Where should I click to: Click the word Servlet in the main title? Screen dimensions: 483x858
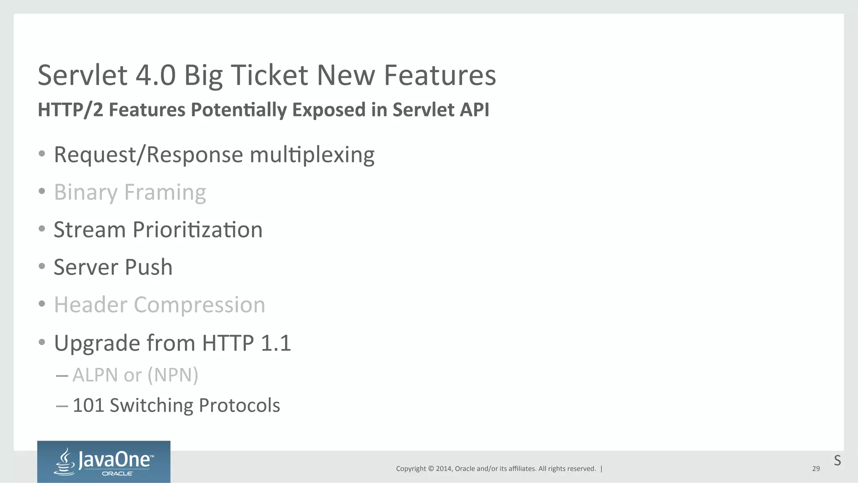[x=82, y=75]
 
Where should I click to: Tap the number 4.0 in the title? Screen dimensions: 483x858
[x=155, y=75]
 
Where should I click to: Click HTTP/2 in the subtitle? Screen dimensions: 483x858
[x=70, y=110]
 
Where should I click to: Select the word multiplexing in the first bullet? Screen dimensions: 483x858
[x=312, y=155]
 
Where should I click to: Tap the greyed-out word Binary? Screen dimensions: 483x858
[x=85, y=193]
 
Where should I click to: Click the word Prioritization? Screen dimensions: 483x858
[x=197, y=230]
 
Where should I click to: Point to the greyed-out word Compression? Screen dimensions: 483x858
[x=199, y=305]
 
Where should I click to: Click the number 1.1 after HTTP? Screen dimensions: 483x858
[x=276, y=343]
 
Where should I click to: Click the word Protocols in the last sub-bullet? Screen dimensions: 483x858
[x=239, y=406]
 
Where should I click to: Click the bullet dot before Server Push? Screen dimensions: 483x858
[x=41, y=266]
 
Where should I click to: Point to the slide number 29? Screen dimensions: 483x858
[x=816, y=469]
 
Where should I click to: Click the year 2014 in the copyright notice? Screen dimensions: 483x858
[x=443, y=469]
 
